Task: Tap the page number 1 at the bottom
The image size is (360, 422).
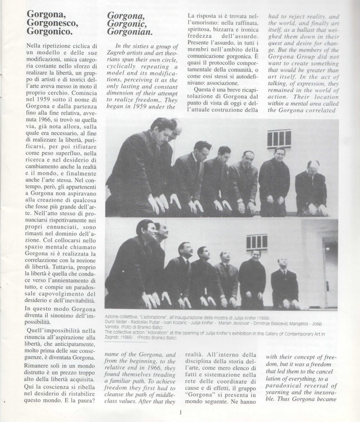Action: [180, 413]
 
